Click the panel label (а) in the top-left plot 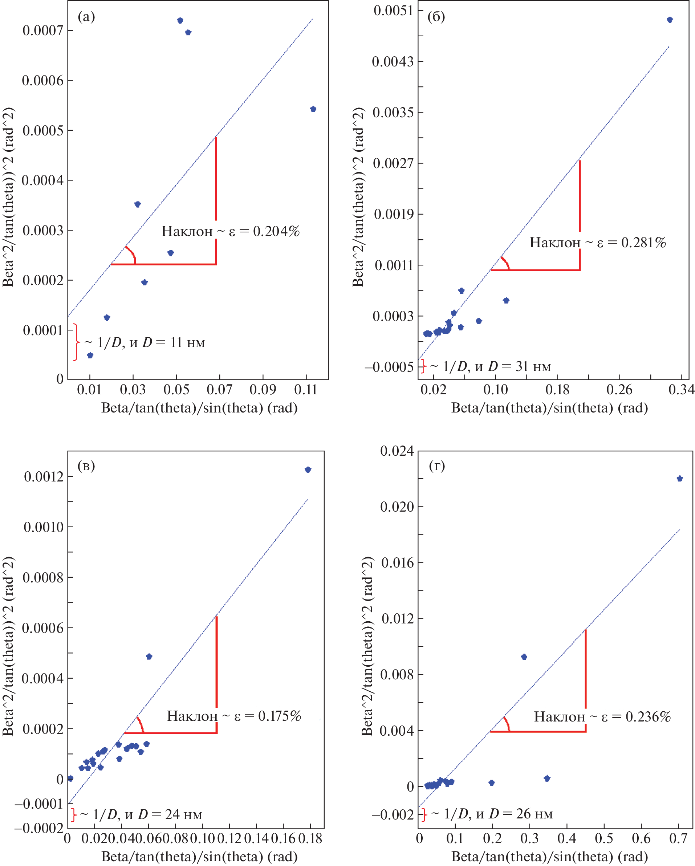pos(86,17)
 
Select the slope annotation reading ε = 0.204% pos(231,232)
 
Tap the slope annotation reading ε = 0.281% pos(598,243)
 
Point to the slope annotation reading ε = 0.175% pos(234,716)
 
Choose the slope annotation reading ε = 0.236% pos(602,717)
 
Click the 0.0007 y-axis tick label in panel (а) pos(43,31)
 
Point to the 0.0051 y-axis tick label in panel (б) pos(393,11)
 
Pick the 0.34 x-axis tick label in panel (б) pos(681,390)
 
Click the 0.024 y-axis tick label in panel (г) pos(397,451)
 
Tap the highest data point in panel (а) pos(180,20)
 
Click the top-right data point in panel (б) pos(670,20)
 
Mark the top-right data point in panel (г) pos(680,479)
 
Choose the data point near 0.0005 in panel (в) pos(149,657)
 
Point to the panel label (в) pos(86,466)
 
